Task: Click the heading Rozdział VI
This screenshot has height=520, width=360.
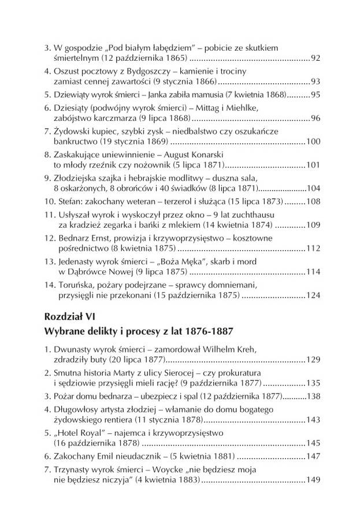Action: pos(65,316)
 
